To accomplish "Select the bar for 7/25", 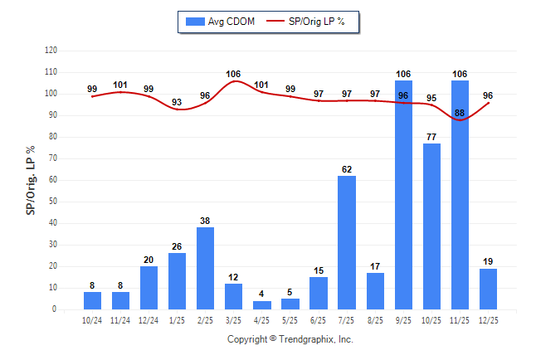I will click(x=347, y=242).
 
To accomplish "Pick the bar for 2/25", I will click(x=206, y=268).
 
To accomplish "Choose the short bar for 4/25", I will click(x=262, y=304).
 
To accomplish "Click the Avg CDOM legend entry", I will click(x=219, y=22).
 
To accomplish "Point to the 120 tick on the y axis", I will click(x=51, y=51).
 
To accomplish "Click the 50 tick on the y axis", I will click(x=53, y=202).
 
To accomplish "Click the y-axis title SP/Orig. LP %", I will click(x=31, y=180).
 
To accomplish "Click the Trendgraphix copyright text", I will click(x=290, y=339).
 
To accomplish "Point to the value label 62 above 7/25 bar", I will click(x=347, y=169).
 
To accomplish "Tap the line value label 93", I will click(x=178, y=102).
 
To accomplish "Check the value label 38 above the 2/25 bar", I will click(x=206, y=221).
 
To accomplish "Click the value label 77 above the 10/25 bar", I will click(x=431, y=137).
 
